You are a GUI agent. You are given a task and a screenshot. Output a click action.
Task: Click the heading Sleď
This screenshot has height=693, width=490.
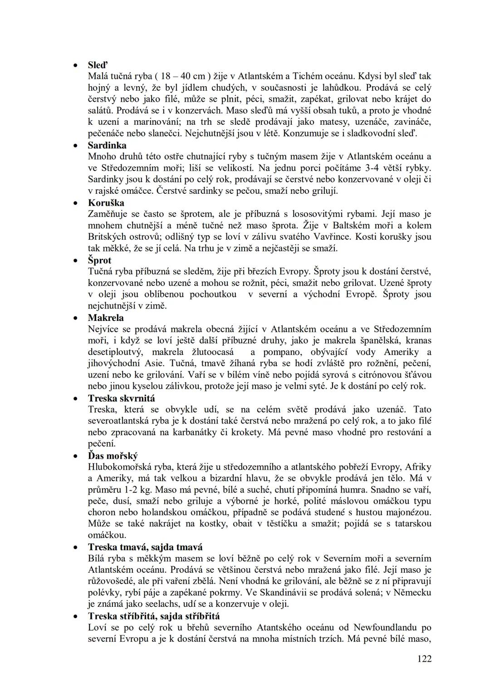(97, 65)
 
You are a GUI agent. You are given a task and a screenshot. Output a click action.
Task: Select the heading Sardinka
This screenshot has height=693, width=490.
(107, 145)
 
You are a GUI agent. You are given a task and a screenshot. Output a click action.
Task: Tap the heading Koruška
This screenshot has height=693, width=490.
(106, 202)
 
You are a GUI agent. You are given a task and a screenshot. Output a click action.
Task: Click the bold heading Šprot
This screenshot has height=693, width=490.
(99, 260)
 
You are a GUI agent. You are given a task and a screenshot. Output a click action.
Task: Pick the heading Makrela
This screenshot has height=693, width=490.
(106, 317)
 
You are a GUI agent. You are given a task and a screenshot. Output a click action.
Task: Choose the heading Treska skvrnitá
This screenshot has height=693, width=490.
(121, 398)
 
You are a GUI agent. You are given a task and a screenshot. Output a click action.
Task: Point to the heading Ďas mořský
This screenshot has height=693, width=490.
(113, 455)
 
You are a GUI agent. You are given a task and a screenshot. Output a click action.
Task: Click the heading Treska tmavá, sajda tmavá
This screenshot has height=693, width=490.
(145, 547)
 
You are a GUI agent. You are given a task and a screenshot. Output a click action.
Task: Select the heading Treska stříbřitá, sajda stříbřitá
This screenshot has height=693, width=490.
(154, 616)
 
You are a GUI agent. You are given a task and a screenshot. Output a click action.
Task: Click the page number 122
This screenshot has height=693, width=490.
(425, 659)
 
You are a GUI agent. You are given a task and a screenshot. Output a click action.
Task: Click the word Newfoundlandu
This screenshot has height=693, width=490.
(384, 627)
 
